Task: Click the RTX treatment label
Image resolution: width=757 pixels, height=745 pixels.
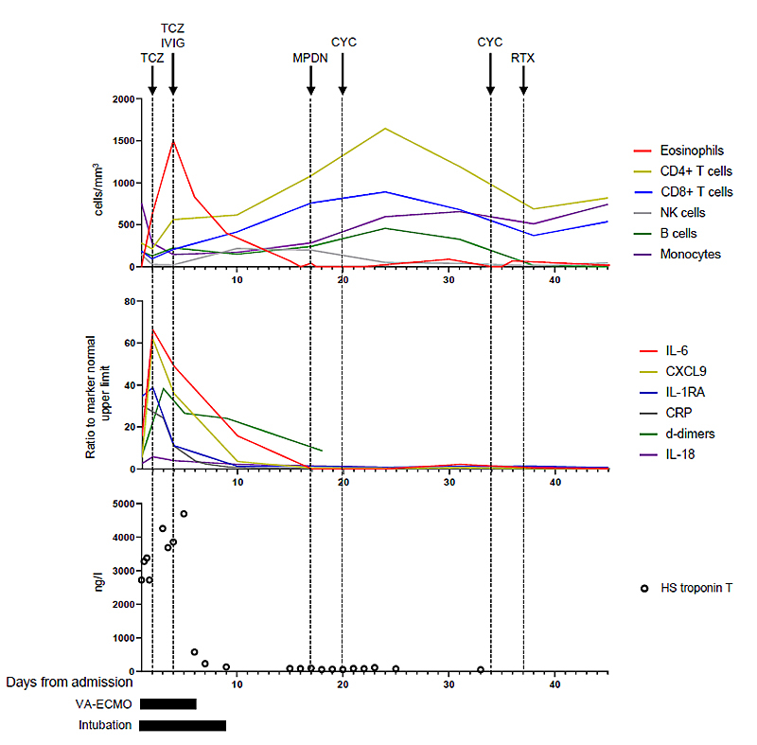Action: pyautogui.click(x=523, y=58)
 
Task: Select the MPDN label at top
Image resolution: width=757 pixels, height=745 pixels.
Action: pyautogui.click(x=310, y=58)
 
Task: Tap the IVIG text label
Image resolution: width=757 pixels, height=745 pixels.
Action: pyautogui.click(x=172, y=43)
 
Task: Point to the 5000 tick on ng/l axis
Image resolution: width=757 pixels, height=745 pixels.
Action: pyautogui.click(x=117, y=504)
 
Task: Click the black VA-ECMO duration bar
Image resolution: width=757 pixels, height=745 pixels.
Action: pyautogui.click(x=167, y=704)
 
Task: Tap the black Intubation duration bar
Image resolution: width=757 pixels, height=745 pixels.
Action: pyautogui.click(x=183, y=726)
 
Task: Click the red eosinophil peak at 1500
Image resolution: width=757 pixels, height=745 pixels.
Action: pyautogui.click(x=173, y=141)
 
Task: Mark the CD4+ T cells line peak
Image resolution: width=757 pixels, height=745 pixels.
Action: pyautogui.click(x=385, y=128)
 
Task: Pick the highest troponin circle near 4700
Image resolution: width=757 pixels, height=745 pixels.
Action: pyautogui.click(x=184, y=514)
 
